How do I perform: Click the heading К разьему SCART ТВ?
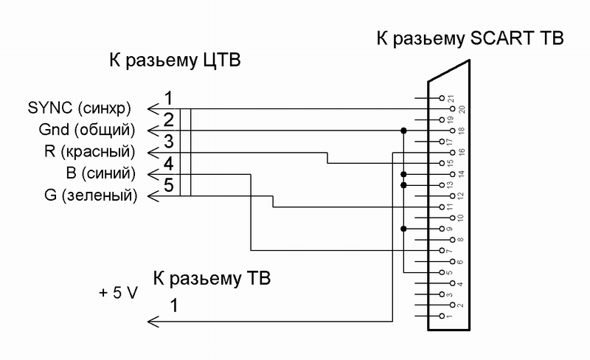tap(470, 39)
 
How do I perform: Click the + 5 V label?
tap(118, 291)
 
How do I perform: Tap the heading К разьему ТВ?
tap(212, 279)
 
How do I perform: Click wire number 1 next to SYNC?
tap(168, 98)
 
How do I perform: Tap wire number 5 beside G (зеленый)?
tap(168, 185)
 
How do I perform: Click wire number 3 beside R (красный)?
tap(168, 141)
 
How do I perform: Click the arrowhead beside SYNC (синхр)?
tap(153, 109)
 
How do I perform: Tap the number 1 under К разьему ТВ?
tap(173, 304)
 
